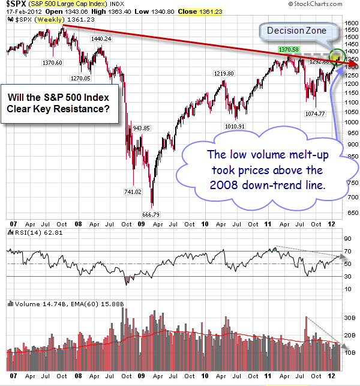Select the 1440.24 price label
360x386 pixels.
[102, 38]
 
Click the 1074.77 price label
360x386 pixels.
[314, 113]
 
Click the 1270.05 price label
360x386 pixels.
[80, 78]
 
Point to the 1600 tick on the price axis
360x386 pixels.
[349, 23]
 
